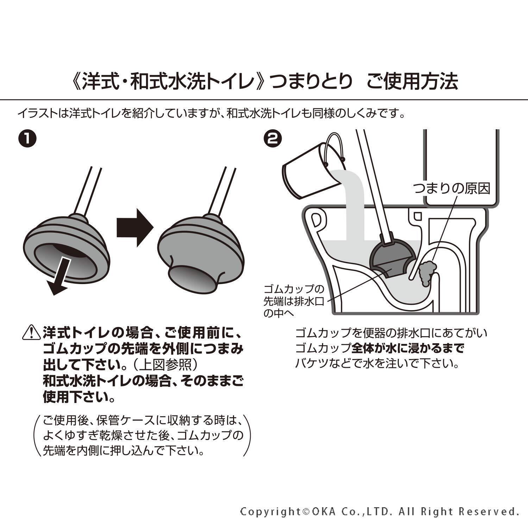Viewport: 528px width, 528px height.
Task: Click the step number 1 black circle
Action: (x=27, y=138)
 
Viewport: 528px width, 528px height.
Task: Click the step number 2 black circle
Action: (x=273, y=138)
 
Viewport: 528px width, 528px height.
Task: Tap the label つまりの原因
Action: (x=452, y=189)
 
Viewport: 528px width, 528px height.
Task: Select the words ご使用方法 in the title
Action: (x=412, y=82)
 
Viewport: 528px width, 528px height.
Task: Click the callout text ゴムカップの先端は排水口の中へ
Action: (x=293, y=301)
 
